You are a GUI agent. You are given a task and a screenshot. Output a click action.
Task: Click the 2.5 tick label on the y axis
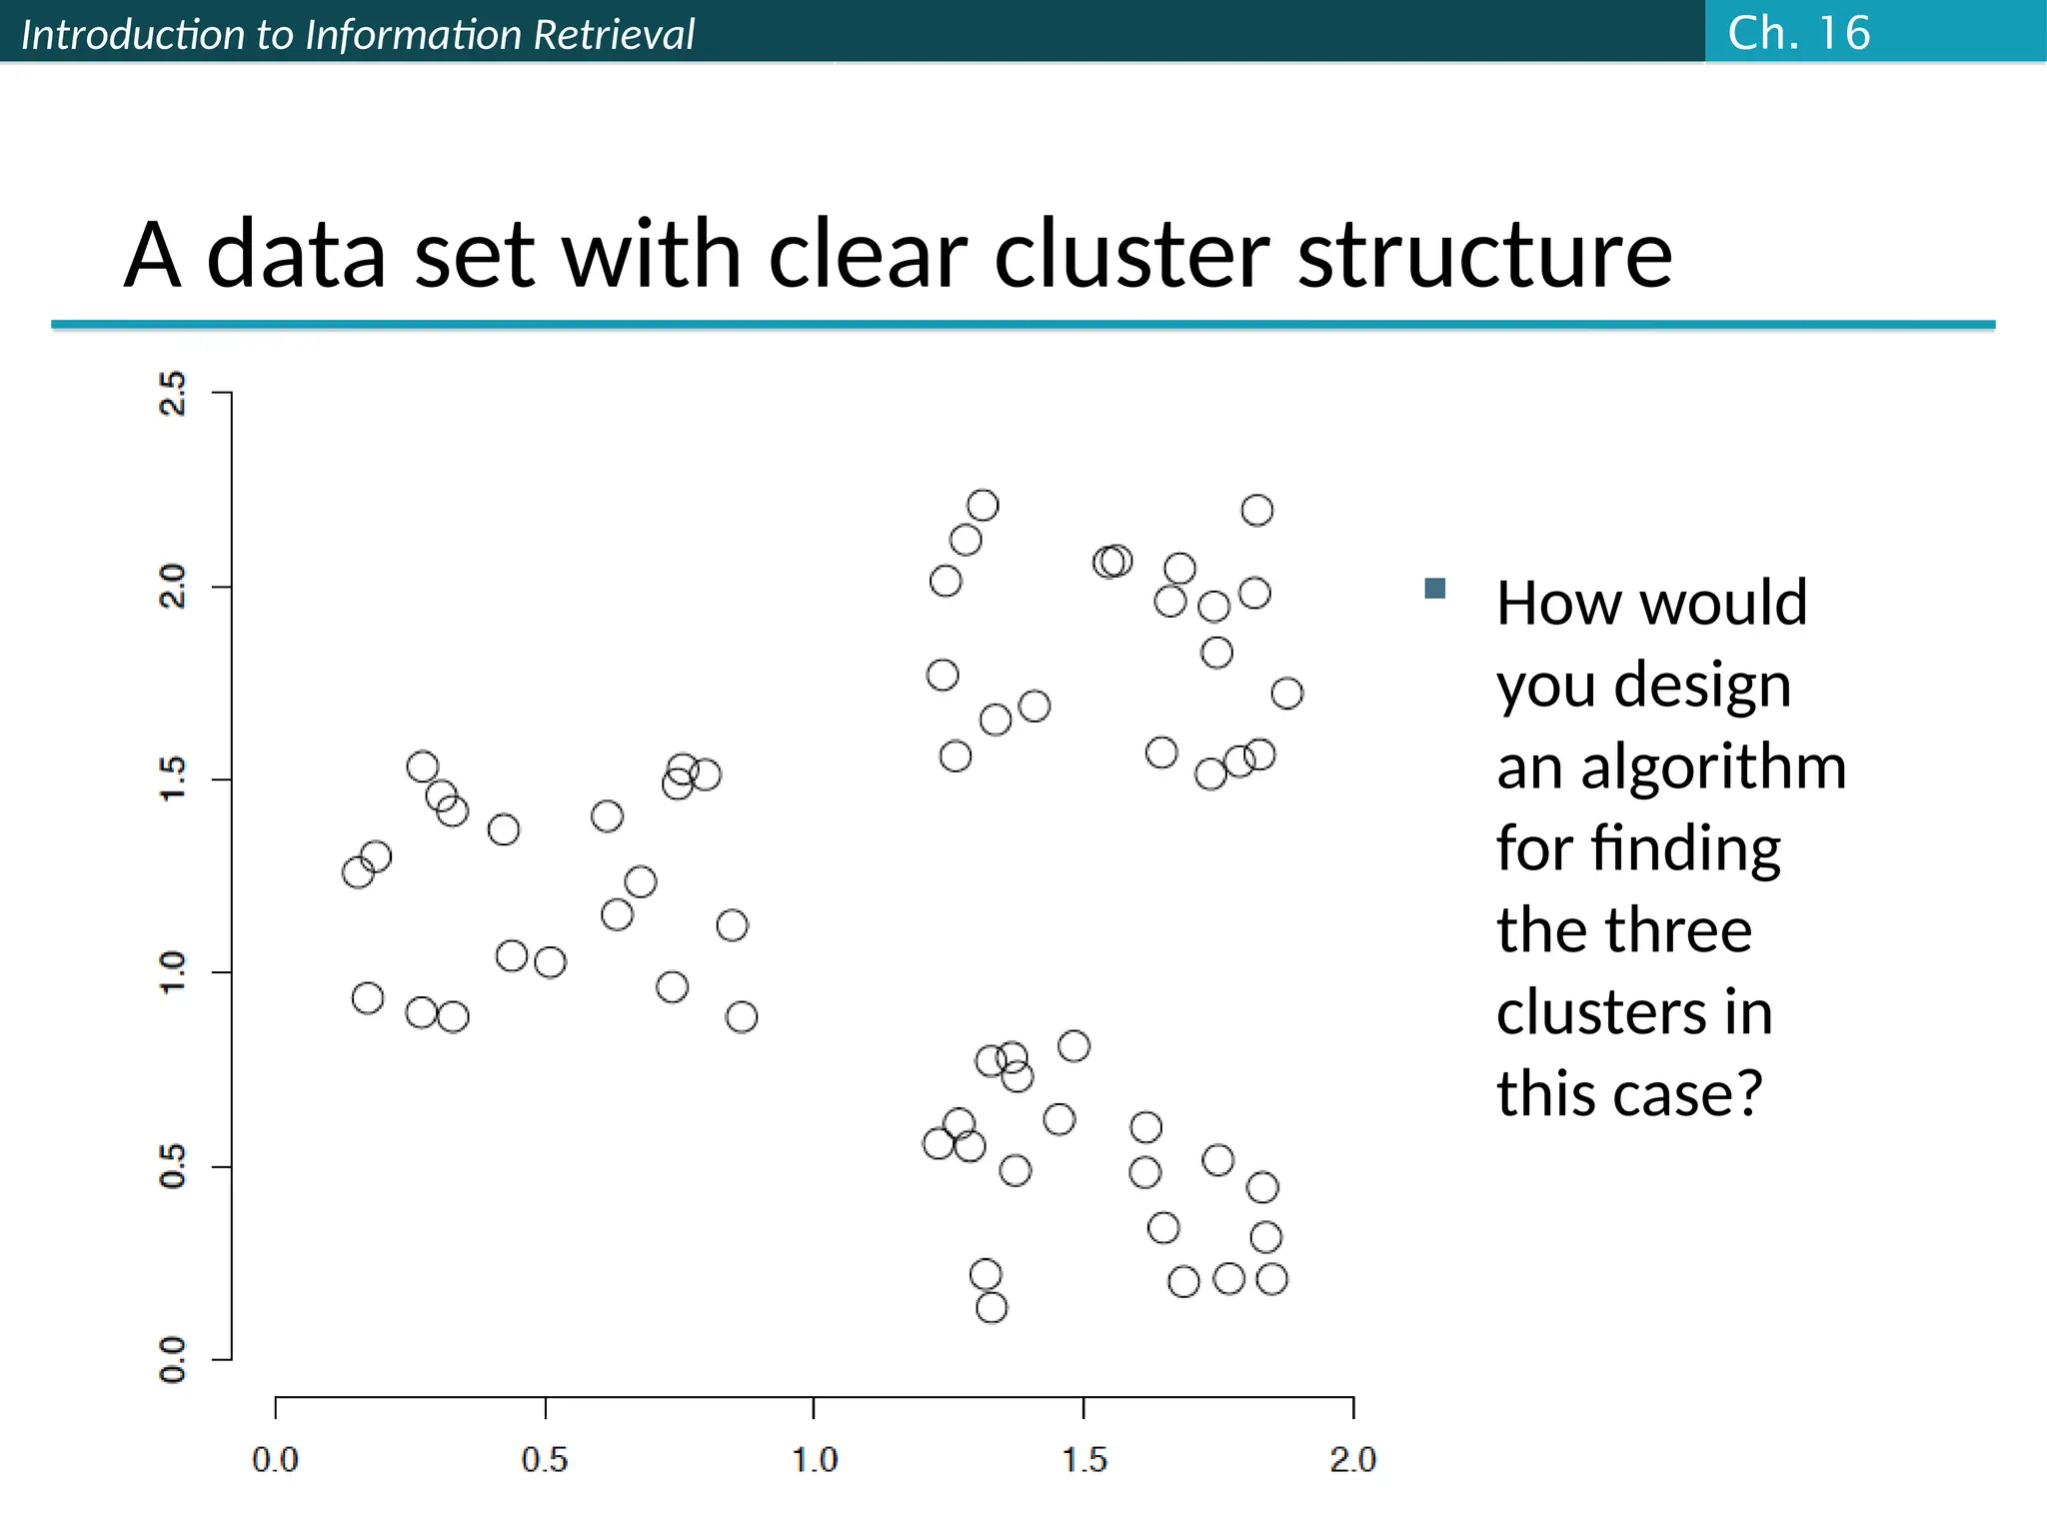[x=173, y=393]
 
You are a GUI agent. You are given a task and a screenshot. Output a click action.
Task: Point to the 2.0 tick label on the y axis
[x=173, y=587]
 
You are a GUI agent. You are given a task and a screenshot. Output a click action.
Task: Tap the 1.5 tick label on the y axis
[x=173, y=779]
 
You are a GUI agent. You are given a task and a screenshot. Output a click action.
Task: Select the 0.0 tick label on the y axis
[x=173, y=1359]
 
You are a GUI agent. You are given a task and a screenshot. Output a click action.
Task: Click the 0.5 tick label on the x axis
[x=545, y=1460]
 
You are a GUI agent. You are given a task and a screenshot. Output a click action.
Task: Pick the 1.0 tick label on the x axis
[x=815, y=1460]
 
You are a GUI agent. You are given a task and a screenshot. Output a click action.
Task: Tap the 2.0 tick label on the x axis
[x=1353, y=1460]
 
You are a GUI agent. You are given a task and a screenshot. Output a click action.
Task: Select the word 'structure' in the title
[x=1484, y=255]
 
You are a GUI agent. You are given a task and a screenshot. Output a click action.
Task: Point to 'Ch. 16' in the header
[x=1798, y=33]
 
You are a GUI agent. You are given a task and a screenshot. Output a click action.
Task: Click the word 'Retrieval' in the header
[x=614, y=35]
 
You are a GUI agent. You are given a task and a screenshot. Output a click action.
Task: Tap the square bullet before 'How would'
[x=1435, y=589]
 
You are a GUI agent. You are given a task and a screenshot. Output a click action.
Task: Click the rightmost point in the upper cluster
[x=1287, y=694]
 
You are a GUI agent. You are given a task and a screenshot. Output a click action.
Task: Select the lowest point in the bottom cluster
[x=991, y=1307]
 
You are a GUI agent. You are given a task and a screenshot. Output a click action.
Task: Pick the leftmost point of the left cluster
[x=357, y=872]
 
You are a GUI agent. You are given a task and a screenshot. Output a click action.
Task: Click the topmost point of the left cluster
[x=423, y=767]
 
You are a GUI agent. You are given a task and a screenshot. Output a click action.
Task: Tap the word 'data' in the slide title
[x=296, y=255]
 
